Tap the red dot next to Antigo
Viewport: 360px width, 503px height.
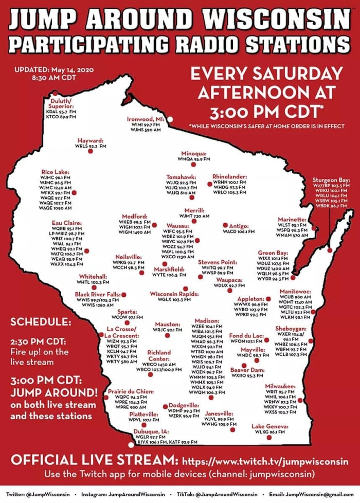point(225,225)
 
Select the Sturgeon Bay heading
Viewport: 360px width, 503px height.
point(331,181)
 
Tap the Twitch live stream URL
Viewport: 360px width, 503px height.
point(265,460)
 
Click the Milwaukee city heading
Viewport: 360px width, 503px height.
point(280,386)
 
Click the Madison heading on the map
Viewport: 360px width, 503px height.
point(207,320)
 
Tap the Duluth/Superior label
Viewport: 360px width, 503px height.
point(62,103)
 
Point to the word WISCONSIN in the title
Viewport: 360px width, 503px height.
point(277,20)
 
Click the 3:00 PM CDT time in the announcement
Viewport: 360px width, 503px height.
point(265,111)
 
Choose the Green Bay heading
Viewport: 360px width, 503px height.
point(273,253)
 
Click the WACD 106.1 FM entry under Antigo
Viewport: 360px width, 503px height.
point(239,231)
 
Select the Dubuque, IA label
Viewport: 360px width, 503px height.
point(151,431)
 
